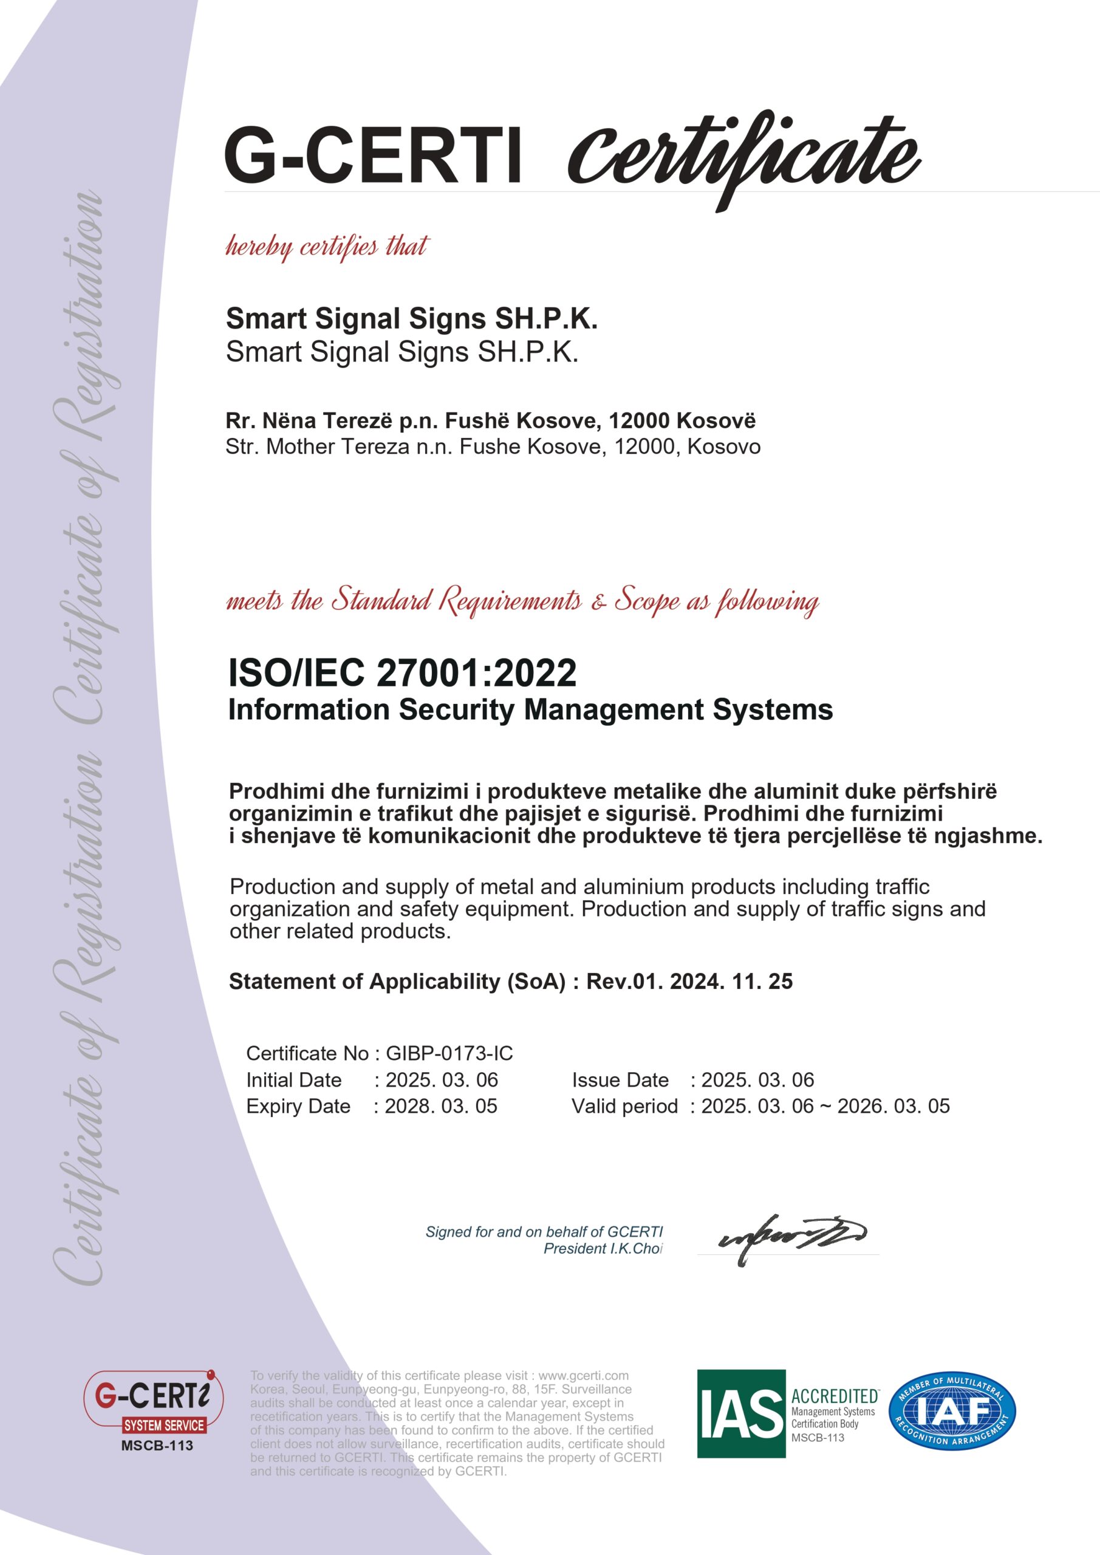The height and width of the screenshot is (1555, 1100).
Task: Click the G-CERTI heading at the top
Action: click(373, 155)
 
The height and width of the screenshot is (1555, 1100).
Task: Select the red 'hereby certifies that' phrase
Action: click(327, 247)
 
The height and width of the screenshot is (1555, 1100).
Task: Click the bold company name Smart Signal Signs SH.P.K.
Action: click(411, 318)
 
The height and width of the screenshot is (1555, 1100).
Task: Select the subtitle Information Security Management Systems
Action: click(530, 710)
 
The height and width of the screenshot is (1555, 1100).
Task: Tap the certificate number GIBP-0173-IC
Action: click(449, 1053)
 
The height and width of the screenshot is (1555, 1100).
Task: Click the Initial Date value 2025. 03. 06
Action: click(442, 1079)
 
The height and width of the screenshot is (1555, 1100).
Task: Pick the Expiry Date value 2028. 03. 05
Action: click(441, 1106)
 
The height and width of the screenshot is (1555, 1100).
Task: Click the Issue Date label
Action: click(620, 1079)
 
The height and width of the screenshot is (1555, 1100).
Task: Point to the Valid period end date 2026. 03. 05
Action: click(893, 1106)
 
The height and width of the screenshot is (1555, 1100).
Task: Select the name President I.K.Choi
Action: click(603, 1248)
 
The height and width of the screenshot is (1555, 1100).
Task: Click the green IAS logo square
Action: click(741, 1413)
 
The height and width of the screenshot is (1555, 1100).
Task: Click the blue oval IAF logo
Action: click(952, 1413)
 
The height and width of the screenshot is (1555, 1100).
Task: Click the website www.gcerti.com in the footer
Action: click(583, 1376)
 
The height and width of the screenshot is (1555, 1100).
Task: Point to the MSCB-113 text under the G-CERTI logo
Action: click(157, 1445)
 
